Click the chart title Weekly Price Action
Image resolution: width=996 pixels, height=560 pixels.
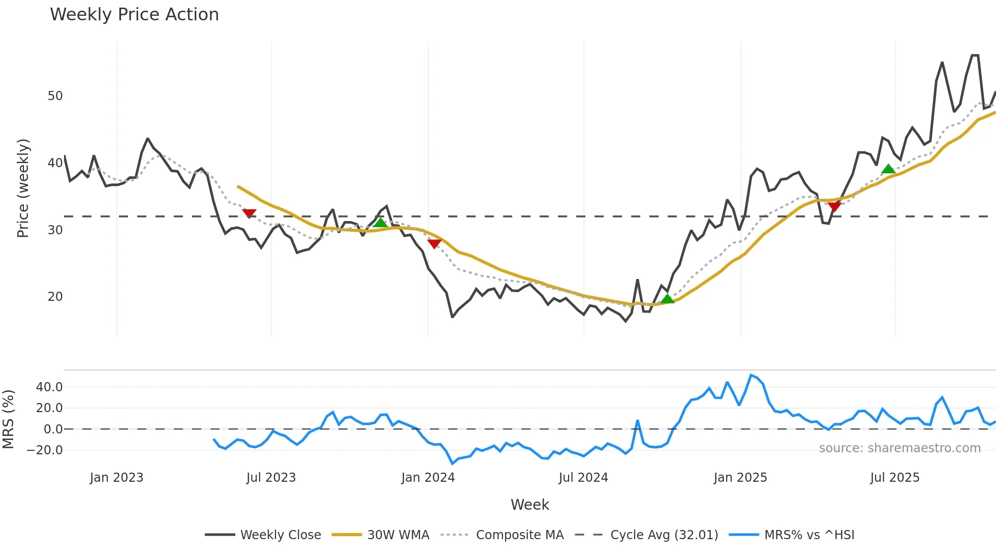tap(134, 15)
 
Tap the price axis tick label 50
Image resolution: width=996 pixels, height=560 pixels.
tap(55, 96)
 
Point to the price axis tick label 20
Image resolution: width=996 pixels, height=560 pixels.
tap(55, 297)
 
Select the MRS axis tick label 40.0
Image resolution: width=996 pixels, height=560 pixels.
tap(49, 387)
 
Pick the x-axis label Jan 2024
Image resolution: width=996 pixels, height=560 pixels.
tap(428, 478)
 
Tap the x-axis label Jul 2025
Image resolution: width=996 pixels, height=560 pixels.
tap(895, 478)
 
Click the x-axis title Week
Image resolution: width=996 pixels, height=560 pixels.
tap(530, 505)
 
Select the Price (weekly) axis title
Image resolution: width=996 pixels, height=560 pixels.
tap(23, 188)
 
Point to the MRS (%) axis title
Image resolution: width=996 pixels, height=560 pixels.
tap(8, 419)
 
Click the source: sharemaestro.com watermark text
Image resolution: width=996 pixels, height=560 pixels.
tap(899, 448)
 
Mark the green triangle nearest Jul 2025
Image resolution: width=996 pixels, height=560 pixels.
tap(888, 169)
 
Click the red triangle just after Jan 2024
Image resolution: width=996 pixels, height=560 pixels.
tap(434, 244)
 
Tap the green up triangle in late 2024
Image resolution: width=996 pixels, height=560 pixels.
tap(668, 299)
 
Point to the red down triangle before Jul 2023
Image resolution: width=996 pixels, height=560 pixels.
tap(249, 213)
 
